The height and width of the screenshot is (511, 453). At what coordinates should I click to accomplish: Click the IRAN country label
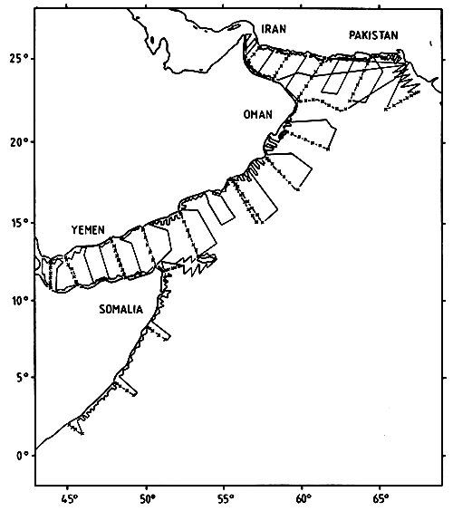pyautogui.click(x=274, y=30)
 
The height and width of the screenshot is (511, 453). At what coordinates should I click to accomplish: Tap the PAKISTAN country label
pyautogui.click(x=372, y=35)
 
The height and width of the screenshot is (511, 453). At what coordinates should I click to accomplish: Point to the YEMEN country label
pyautogui.click(x=92, y=230)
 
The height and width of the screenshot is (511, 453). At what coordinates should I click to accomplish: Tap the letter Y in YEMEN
pyautogui.click(x=75, y=230)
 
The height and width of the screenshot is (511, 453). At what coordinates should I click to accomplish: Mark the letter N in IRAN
pyautogui.click(x=284, y=30)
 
